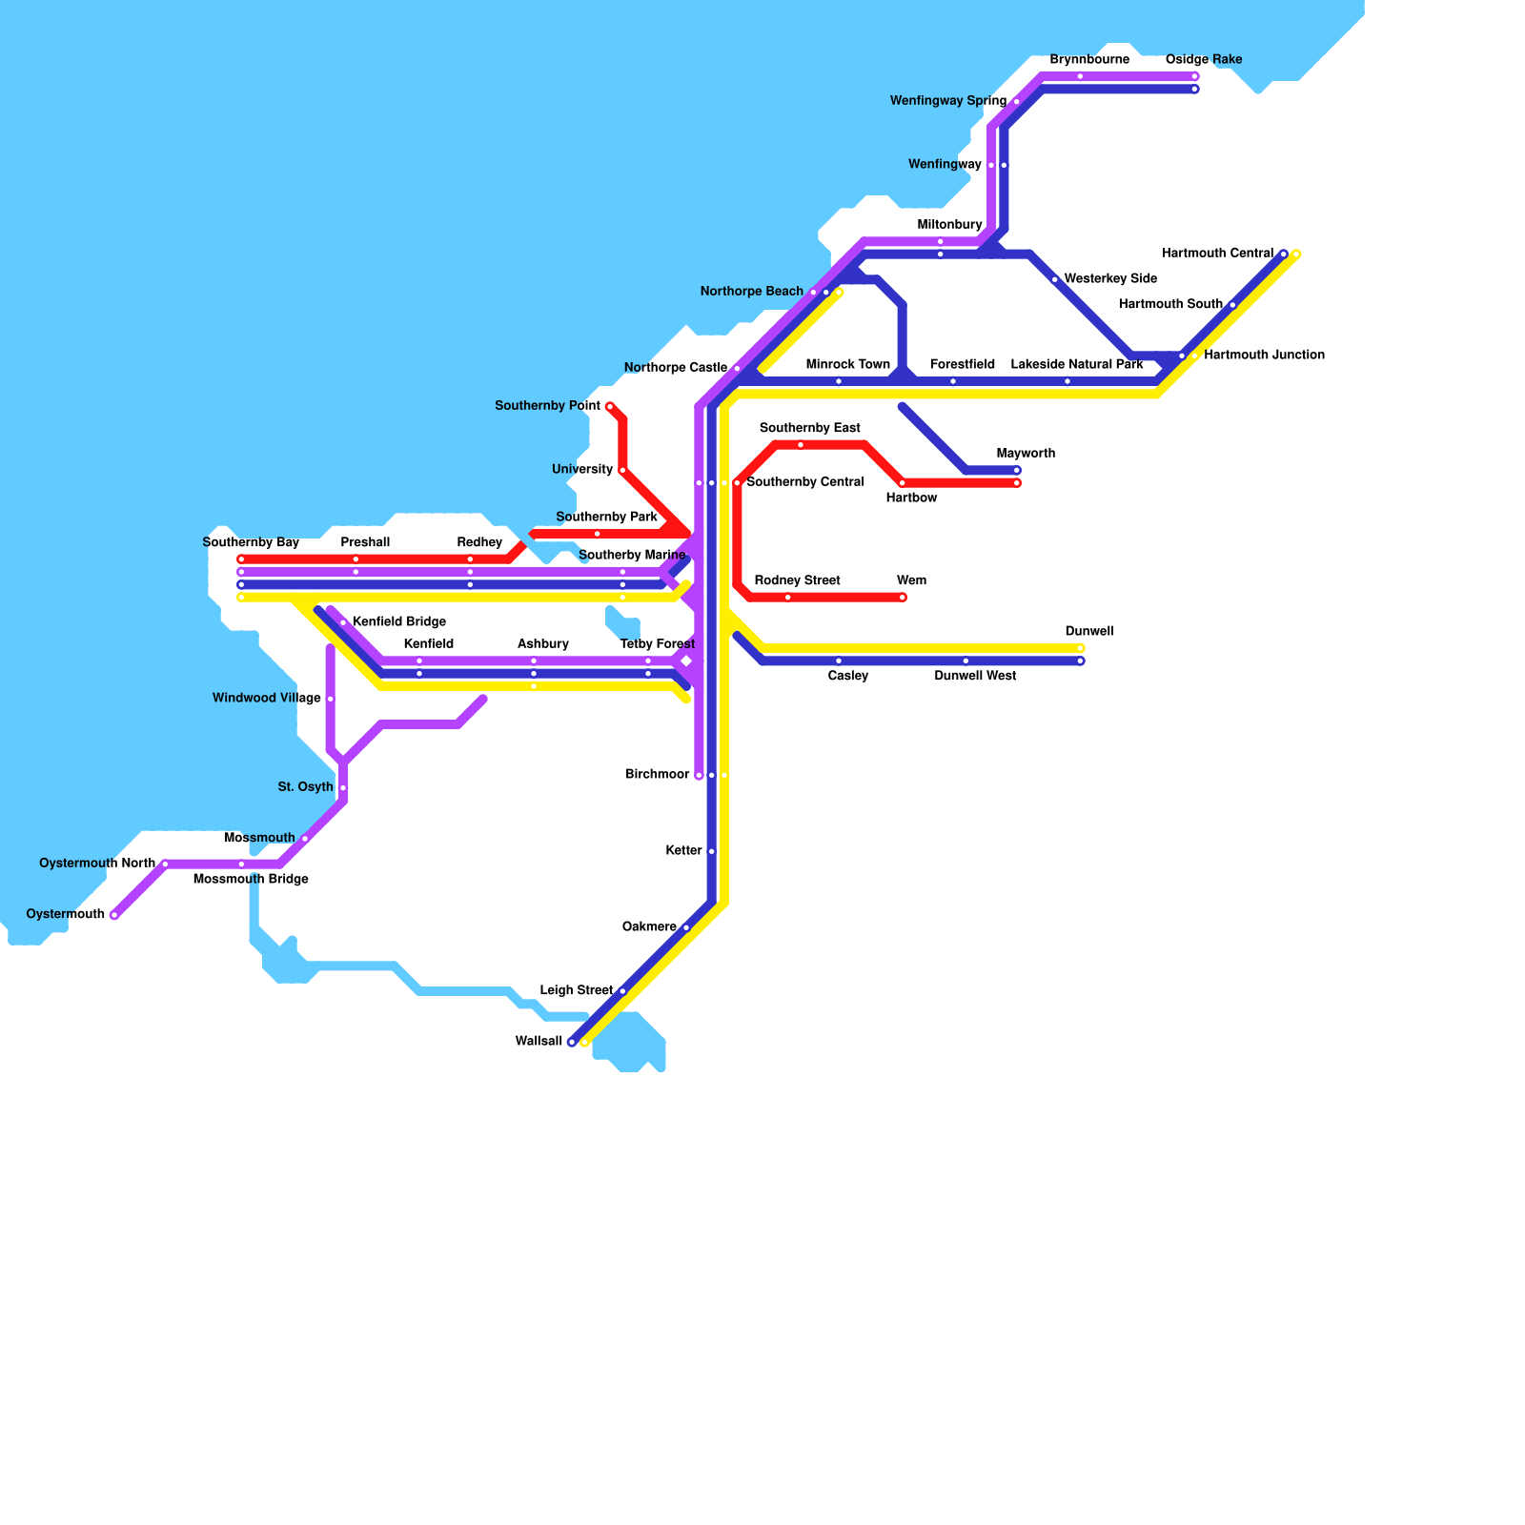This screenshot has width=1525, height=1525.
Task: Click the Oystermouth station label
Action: click(65, 915)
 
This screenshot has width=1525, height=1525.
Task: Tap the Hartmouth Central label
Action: click(1217, 254)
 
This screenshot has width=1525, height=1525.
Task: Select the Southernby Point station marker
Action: click(610, 407)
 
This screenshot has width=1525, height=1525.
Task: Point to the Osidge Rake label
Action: click(1203, 60)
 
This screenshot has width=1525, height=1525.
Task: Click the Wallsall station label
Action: click(539, 1042)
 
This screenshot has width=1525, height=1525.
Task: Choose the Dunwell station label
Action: click(1088, 632)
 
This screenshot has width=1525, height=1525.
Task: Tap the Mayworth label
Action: click(1026, 454)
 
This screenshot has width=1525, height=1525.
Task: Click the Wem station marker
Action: click(903, 598)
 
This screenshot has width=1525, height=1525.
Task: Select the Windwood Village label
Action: click(266, 699)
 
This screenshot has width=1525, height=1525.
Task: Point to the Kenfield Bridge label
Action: click(398, 622)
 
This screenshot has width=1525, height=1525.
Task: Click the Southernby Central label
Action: click(804, 482)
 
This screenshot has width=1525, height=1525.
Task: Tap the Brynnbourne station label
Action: click(1089, 60)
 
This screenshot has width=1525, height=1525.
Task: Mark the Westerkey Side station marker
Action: click(1055, 280)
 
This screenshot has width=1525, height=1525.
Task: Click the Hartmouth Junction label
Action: click(1264, 356)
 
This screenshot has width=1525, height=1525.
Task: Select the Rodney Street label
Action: click(797, 581)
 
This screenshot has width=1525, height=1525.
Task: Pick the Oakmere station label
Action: click(649, 927)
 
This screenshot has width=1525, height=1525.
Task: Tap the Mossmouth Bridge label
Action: click(251, 880)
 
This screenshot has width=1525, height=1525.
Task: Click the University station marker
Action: click(622, 470)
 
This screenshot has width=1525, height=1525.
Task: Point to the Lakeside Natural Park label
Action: click(1077, 365)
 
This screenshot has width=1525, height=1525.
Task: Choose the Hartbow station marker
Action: click(903, 483)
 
